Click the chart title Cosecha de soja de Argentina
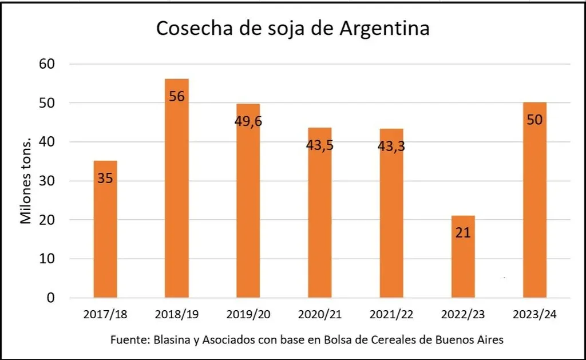pos(292,29)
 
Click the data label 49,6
pos(248,121)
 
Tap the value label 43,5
pos(320,145)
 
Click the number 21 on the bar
pos(463,233)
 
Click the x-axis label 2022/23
pos(463,314)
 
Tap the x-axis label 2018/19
pos(177,314)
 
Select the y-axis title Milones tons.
pos(26,181)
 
